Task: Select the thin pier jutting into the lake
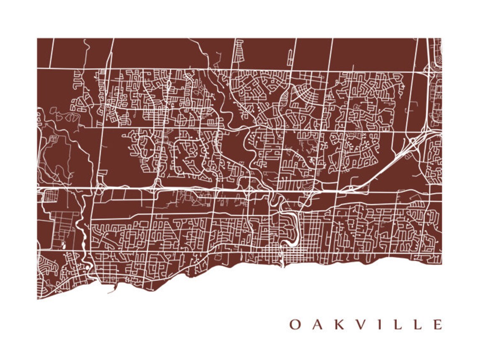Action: (112, 291)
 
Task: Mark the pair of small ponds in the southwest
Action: (64, 245)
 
